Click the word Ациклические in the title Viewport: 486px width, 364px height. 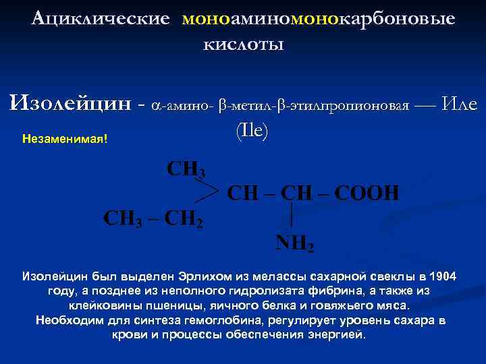[x=101, y=18]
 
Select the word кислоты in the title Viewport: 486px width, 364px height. [x=243, y=44]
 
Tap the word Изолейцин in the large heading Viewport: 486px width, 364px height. [x=70, y=104]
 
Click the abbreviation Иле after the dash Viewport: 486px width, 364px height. [x=459, y=104]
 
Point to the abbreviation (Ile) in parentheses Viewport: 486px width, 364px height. [x=252, y=131]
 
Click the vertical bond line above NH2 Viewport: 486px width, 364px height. [x=290, y=217]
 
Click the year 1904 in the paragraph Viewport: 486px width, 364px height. [x=442, y=276]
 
